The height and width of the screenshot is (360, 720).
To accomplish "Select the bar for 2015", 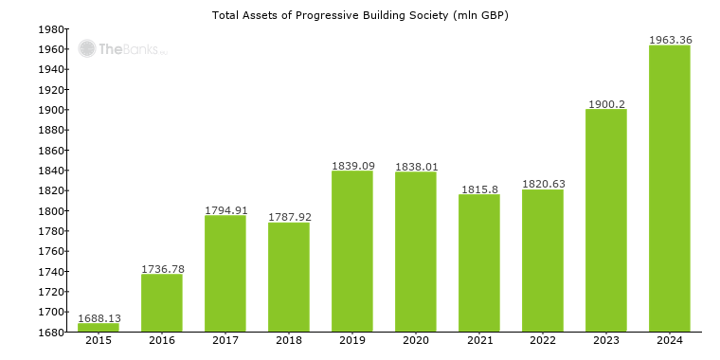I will [99, 327].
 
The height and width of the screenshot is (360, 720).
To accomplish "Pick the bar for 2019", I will [352, 251].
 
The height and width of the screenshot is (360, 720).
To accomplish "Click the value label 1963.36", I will [670, 40].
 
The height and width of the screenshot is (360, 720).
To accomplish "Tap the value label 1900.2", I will [606, 103].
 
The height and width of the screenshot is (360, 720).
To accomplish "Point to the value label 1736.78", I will [162, 269].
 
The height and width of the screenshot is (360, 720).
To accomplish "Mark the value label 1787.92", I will [289, 217].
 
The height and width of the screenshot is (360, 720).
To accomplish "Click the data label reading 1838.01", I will [416, 166].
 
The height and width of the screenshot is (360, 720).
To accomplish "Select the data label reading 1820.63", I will [543, 184].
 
